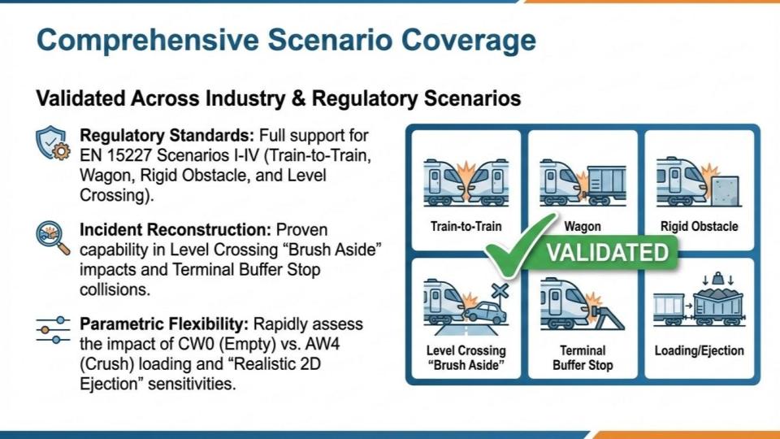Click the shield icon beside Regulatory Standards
pyautogui.click(x=53, y=143)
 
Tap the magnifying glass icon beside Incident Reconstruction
pyautogui.click(x=53, y=238)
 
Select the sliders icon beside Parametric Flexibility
pyautogui.click(x=53, y=330)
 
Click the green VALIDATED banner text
pyautogui.click(x=608, y=252)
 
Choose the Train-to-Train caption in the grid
pyautogui.click(x=466, y=227)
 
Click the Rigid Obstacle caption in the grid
pyautogui.click(x=699, y=227)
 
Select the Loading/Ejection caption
pyautogui.click(x=699, y=350)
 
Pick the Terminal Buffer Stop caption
pyautogui.click(x=583, y=358)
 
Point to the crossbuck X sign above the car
pyautogui.click(x=500, y=291)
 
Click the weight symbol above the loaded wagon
pyautogui.click(x=717, y=278)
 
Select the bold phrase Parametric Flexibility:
pyautogui.click(x=164, y=324)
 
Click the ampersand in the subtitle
pyautogui.click(x=298, y=98)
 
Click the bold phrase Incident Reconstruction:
pyautogui.click(x=175, y=230)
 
